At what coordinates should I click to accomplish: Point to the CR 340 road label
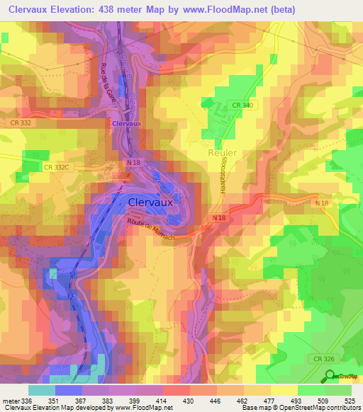pyautogui.click(x=241, y=105)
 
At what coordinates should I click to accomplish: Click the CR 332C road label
pyautogui.click(x=58, y=167)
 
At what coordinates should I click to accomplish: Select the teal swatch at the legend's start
pyautogui.click(x=42, y=390)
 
